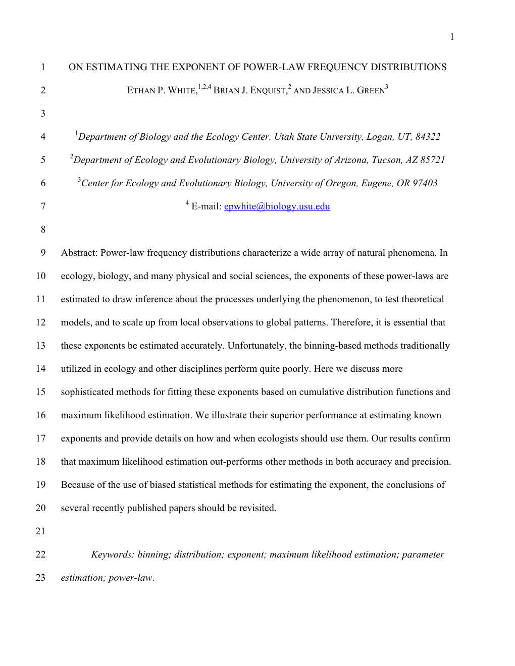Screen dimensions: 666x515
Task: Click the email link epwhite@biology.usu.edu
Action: pos(277,206)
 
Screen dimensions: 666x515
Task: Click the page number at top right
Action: pos(452,36)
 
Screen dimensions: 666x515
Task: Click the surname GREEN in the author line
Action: pos(371,91)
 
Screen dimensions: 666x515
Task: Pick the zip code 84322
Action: pos(428,137)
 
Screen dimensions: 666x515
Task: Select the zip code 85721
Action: pos(433,160)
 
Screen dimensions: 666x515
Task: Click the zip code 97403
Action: pos(425,183)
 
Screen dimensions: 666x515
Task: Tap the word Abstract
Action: pos(79,253)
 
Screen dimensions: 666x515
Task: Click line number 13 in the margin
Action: pos(41,346)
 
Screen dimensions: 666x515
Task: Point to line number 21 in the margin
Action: pos(41,531)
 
